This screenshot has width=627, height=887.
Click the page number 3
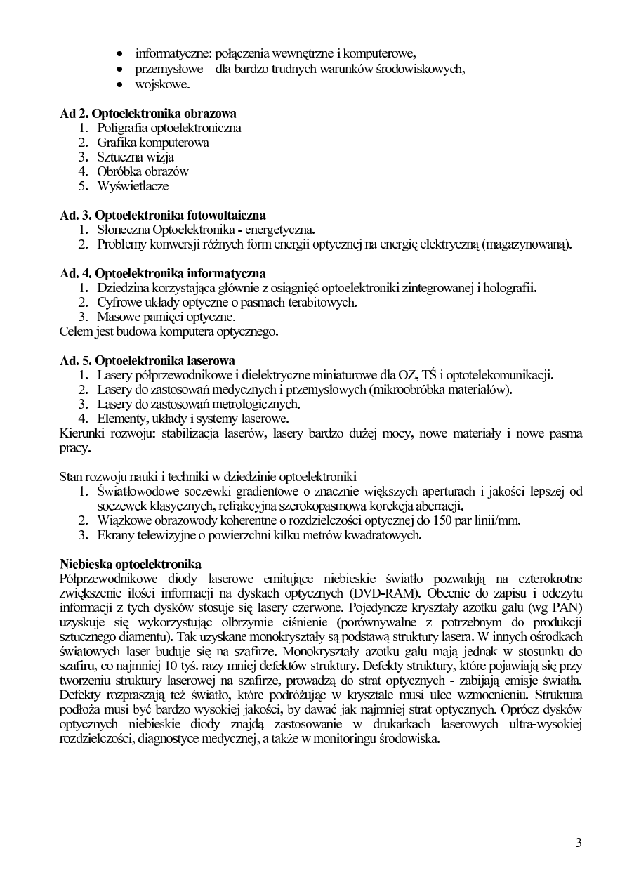point(578,843)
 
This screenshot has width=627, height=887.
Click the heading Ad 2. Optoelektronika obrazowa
point(148,113)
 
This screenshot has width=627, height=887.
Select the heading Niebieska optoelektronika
point(131,563)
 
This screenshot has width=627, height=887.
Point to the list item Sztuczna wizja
point(136,157)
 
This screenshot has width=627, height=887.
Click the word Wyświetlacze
point(133,186)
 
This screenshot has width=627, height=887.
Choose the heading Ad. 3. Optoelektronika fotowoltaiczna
point(163,215)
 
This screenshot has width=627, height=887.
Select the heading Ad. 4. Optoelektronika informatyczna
point(163,273)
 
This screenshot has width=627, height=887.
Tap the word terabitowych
point(323,303)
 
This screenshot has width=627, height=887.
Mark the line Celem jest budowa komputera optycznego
point(169,331)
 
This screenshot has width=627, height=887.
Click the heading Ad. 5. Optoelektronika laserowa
point(147,361)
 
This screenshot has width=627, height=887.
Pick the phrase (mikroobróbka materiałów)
point(440,390)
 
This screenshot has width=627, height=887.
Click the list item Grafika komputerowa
point(153,143)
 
